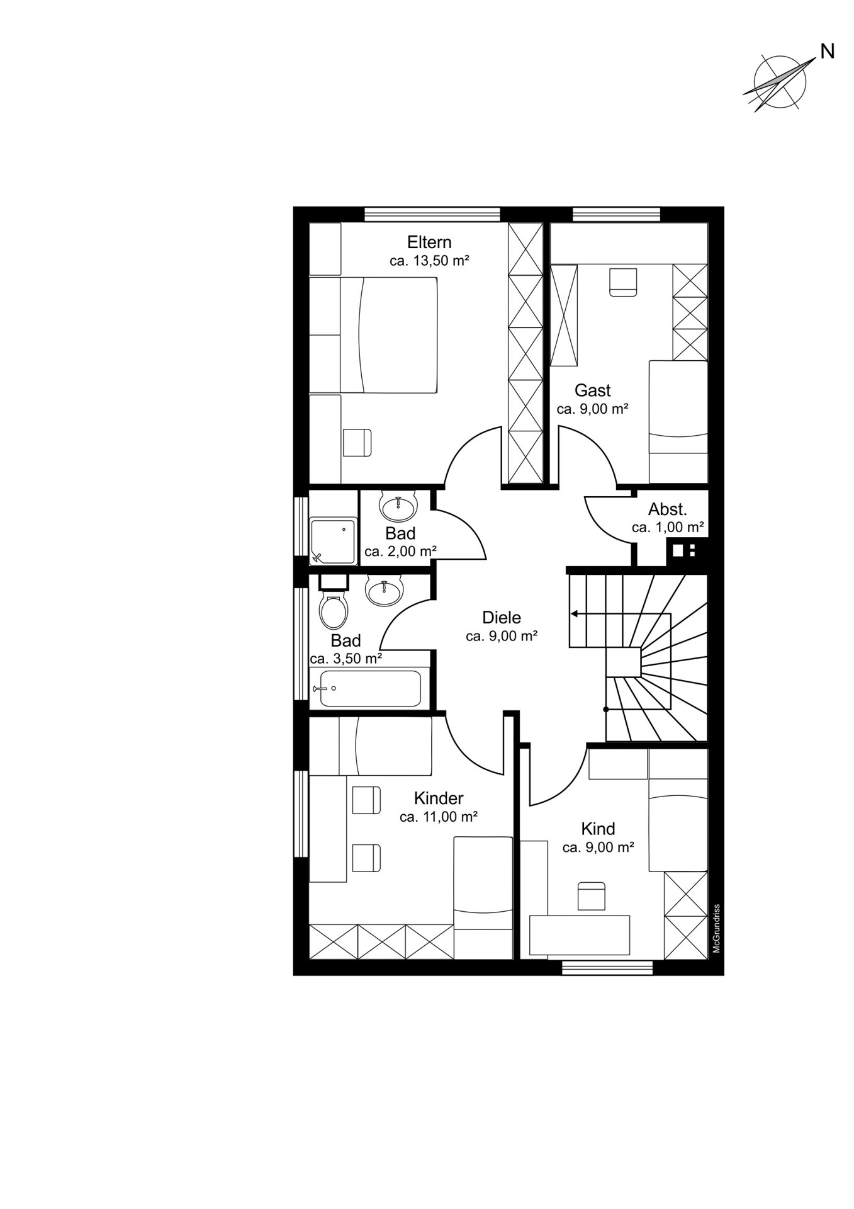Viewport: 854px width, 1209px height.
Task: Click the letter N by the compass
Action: [x=828, y=52]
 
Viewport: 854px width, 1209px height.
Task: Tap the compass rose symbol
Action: [x=780, y=82]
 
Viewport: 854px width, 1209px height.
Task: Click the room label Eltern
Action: [x=429, y=242]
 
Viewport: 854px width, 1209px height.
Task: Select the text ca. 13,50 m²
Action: [x=429, y=261]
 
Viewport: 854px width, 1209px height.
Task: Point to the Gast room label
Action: [x=593, y=390]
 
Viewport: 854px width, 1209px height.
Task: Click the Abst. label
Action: [x=668, y=509]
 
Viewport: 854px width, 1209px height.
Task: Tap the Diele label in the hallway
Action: [x=502, y=617]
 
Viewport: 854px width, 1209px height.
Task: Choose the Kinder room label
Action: [x=439, y=798]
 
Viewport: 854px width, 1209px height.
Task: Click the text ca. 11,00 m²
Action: [x=439, y=817]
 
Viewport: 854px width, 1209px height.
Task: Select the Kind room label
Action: [x=598, y=829]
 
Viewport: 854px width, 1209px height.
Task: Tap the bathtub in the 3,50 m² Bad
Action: [x=370, y=688]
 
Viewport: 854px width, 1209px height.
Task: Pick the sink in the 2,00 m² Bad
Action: [x=398, y=505]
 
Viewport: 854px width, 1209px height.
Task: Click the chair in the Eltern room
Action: [x=357, y=443]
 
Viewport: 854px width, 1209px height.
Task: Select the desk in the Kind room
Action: [x=580, y=935]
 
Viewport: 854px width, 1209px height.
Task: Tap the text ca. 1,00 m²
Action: [x=668, y=528]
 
